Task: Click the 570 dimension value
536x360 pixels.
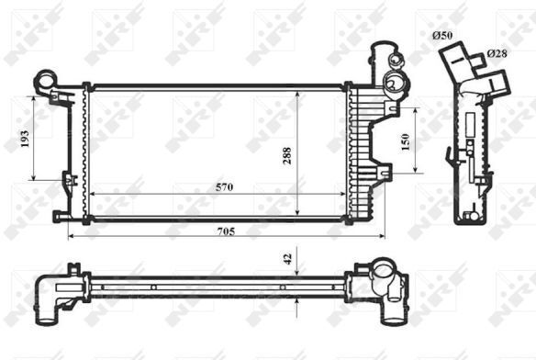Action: (224, 187)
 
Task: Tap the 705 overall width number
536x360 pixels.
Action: (226, 231)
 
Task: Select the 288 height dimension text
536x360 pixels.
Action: (287, 156)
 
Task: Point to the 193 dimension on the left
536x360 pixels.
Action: (25, 139)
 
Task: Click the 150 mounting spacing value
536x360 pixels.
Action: (406, 142)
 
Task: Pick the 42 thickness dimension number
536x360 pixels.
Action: (288, 259)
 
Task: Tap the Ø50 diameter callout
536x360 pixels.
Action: (442, 35)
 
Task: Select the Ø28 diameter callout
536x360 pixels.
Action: (497, 53)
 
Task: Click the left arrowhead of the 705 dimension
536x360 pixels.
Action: (71, 236)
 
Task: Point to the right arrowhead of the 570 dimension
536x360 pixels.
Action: (342, 194)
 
